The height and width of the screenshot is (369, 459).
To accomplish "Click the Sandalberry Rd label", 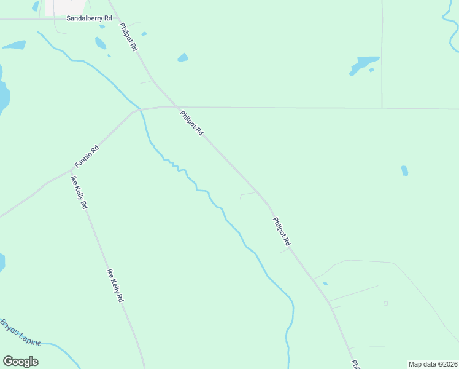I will point(89,18).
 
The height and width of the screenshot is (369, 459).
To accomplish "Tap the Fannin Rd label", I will point(87,157).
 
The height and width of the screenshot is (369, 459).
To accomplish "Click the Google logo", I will point(20,361).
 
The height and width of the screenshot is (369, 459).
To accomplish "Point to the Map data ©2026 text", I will point(433,364).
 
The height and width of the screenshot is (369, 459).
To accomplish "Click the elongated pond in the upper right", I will point(364,64).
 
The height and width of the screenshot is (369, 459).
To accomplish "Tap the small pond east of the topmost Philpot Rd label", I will point(182,58).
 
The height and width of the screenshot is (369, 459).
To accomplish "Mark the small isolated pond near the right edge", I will point(404,170).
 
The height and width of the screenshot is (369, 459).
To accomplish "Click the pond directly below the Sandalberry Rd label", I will point(100,43).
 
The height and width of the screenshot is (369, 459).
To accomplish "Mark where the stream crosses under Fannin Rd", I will point(141,109).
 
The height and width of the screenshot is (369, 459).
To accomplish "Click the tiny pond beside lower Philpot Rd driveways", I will point(325,284).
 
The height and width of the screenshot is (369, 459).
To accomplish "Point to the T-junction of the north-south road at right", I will point(382,108).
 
